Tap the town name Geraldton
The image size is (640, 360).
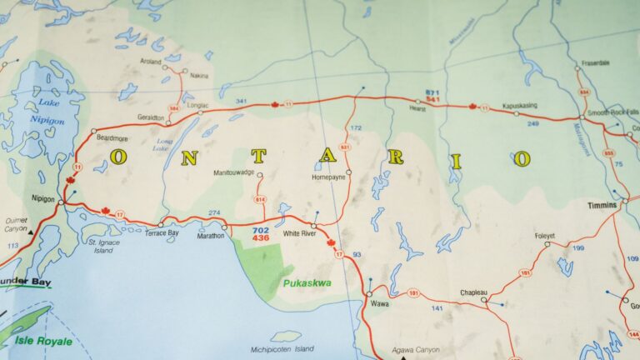point(151,118)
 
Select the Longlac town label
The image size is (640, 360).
point(197,105)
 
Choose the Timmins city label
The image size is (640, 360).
point(601,205)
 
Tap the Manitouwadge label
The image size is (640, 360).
point(235,172)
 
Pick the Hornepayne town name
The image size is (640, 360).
point(328,177)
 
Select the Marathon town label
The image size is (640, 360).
point(211,236)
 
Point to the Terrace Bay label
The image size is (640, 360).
point(162,234)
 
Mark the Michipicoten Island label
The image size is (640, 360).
point(282,349)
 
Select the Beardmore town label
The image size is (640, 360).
point(111,137)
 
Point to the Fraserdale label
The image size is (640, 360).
point(597,62)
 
